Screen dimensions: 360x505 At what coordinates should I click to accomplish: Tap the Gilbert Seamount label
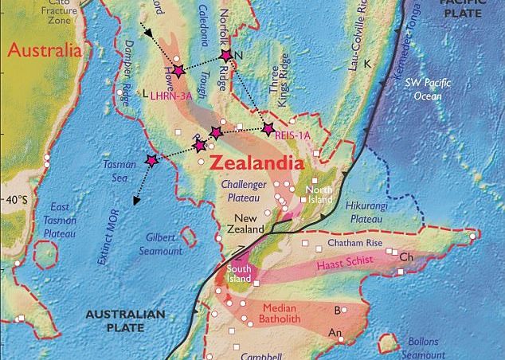(x=165, y=245)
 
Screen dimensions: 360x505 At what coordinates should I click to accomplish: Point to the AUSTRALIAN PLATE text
(x=126, y=320)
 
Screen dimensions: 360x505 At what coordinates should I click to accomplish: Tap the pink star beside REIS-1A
(x=268, y=128)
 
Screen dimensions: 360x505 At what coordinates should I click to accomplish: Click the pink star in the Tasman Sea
(x=152, y=160)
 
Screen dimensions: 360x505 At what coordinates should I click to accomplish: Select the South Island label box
(x=238, y=274)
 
